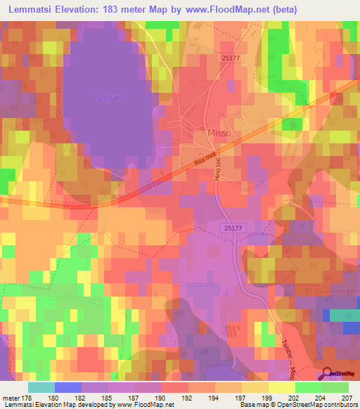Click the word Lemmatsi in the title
32,9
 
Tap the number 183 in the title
115,9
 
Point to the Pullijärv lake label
106,98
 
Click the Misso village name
218,133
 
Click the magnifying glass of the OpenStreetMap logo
328,373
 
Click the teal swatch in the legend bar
41,387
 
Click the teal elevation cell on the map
343,316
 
